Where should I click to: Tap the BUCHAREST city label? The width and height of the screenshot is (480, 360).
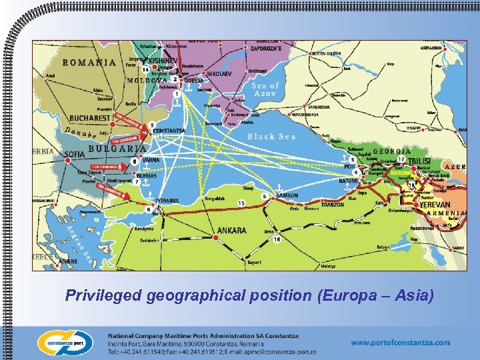click(86, 117)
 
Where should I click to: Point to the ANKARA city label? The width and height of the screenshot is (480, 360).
click(232, 231)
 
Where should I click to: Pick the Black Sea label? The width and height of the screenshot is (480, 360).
click(271, 137)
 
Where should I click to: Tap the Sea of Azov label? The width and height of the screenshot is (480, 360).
click(265, 90)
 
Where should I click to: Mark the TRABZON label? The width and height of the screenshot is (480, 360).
click(331, 205)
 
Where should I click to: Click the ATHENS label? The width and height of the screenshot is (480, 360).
click(67, 262)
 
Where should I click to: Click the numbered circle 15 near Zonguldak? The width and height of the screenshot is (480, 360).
click(241, 203)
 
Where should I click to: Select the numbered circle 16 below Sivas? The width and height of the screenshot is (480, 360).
click(276, 239)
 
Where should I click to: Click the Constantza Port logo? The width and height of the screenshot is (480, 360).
click(63, 341)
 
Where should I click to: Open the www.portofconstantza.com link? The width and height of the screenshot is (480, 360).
click(400, 343)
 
